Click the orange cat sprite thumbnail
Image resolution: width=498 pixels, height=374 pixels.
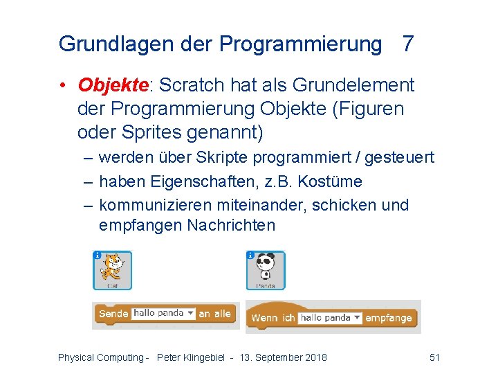point(112,269)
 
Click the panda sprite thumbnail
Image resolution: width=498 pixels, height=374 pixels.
point(266,269)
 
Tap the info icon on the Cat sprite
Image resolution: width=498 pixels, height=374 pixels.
point(98,255)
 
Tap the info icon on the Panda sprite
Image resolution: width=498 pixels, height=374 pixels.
point(251,255)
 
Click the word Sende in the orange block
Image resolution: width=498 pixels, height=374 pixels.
point(113,314)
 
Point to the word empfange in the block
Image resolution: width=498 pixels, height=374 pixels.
point(389,318)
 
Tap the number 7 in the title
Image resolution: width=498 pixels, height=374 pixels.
point(408,44)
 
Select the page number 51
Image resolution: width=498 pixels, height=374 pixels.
point(434,357)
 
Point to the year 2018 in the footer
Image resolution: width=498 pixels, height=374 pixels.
point(315,357)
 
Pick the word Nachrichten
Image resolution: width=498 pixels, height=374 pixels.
point(231,225)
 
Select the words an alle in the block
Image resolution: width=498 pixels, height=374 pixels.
point(214,314)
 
